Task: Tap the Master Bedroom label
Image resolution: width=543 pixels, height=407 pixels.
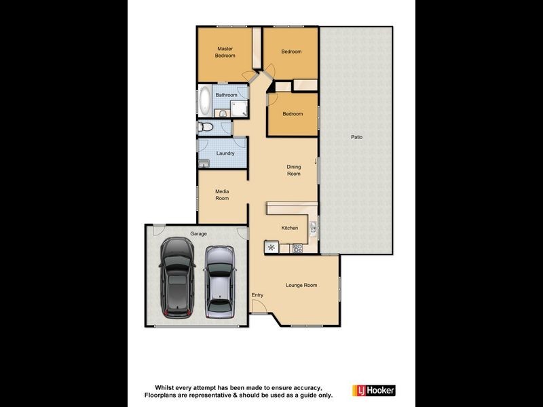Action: [x=225, y=52]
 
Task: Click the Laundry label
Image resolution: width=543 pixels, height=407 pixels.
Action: [x=225, y=153]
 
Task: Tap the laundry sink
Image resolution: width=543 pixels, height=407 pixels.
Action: [x=204, y=163]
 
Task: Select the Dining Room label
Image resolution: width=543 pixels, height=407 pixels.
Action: [x=293, y=170]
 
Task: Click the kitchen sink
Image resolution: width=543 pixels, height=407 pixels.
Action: [x=313, y=228]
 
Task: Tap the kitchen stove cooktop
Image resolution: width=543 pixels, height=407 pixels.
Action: [x=297, y=248]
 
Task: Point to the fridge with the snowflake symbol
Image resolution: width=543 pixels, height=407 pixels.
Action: [x=271, y=247]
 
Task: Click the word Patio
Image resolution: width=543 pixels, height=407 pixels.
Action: [x=356, y=137]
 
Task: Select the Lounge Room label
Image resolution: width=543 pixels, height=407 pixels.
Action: [x=301, y=286]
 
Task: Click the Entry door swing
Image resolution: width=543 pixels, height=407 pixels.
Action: [x=258, y=307]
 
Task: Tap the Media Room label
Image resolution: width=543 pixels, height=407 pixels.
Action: [x=222, y=195]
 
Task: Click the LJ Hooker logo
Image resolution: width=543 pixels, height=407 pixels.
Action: [x=373, y=390]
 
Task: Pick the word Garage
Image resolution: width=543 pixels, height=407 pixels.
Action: [x=198, y=233]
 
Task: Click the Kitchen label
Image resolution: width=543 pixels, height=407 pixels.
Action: [x=290, y=228]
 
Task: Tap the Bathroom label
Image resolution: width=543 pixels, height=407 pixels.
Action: [x=226, y=95]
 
